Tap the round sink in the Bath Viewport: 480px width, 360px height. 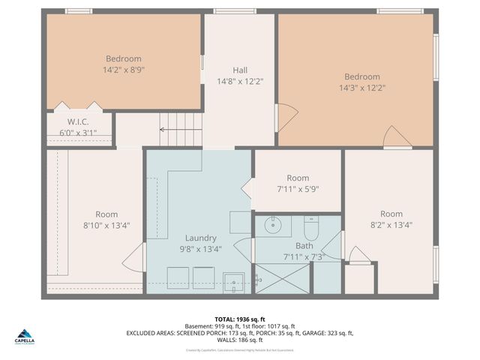click(272, 224)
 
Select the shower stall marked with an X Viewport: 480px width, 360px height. click(281, 277)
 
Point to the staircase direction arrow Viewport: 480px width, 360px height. click(181, 129)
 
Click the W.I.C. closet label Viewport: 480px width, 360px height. click(78, 121)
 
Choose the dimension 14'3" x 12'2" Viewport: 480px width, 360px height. click(362, 88)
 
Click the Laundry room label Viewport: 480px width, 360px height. click(200, 238)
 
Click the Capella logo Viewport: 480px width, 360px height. click(24, 337)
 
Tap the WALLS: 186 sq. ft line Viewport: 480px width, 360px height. click(239, 340)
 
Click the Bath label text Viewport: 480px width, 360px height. click(304, 246)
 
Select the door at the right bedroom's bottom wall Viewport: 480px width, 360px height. click(397, 137)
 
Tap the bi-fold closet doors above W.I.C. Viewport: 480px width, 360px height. click(78, 107)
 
